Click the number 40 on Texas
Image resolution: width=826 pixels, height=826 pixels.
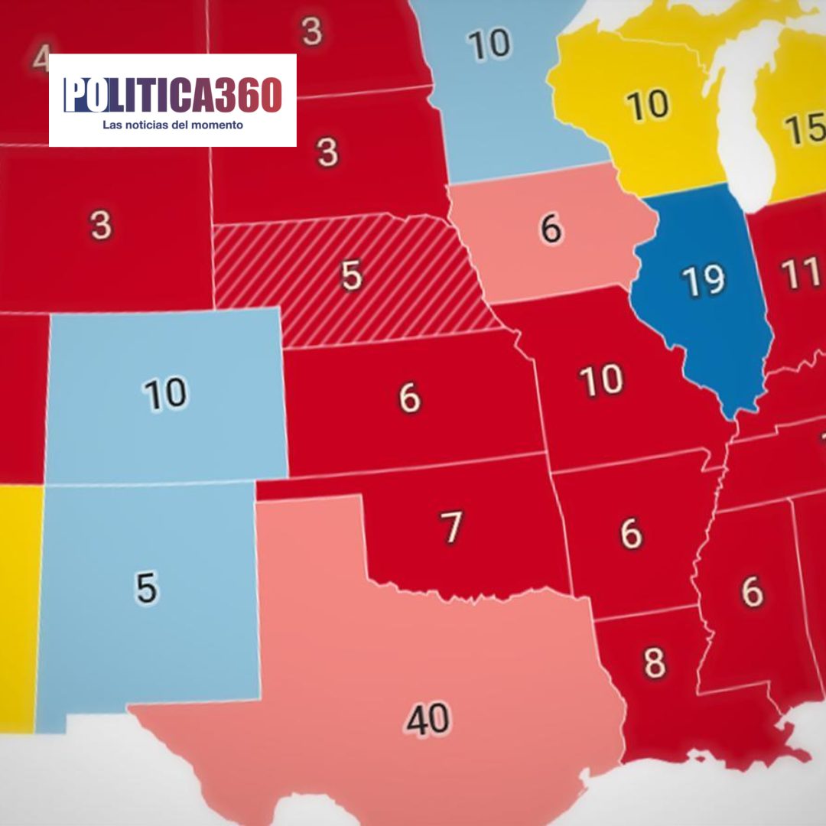429,720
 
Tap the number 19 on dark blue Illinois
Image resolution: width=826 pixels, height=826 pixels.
704,280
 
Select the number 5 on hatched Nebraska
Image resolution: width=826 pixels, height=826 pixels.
351,275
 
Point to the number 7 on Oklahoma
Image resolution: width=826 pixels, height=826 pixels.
451,527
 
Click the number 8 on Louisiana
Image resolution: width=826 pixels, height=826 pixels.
654,663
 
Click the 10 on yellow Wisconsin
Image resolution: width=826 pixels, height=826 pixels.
647,106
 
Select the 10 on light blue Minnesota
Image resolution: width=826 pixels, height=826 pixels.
490,44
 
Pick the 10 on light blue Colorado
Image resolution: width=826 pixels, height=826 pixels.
165,393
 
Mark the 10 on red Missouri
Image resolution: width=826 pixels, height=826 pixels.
601,381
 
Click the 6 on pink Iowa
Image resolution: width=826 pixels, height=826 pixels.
551,229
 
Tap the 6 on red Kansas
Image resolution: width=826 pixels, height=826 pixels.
410,398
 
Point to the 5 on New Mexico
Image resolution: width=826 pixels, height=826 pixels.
146,587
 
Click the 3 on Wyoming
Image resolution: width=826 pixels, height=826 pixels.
100,226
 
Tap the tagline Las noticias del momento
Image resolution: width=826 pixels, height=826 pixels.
173,125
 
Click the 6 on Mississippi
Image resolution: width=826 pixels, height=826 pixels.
752,590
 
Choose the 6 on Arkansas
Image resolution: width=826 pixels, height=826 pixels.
631,533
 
